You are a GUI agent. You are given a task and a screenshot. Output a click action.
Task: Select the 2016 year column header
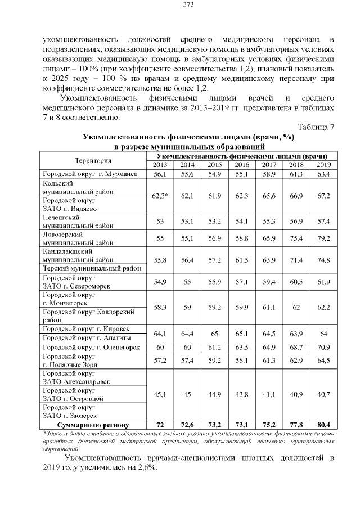(x=241, y=164)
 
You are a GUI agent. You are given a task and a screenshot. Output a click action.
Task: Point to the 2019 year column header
(x=323, y=164)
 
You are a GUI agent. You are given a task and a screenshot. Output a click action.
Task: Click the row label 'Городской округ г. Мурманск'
(x=90, y=174)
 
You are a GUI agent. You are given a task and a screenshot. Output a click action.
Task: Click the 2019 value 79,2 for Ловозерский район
(x=323, y=238)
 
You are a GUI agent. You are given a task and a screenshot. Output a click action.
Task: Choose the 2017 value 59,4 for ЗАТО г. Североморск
(x=269, y=281)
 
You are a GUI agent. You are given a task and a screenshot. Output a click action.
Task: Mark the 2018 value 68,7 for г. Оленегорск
(x=296, y=347)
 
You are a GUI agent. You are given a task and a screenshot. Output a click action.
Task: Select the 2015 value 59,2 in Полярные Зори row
(x=214, y=359)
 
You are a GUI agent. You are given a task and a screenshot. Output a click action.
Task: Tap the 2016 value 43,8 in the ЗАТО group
(x=241, y=394)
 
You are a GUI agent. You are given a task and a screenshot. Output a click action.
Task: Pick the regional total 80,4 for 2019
(x=323, y=424)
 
